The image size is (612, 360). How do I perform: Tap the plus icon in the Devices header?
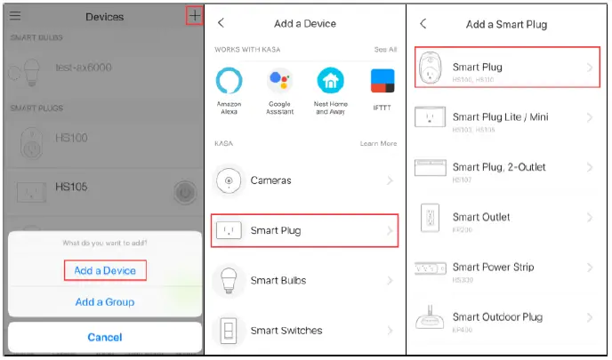click(194, 16)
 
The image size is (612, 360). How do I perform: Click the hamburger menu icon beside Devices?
click(16, 16)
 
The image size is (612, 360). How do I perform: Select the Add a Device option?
click(104, 270)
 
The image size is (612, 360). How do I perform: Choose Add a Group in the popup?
click(104, 302)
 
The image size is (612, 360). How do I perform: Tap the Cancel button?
click(104, 337)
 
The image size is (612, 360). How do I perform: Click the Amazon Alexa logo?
click(229, 82)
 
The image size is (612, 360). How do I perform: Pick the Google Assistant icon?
click(280, 82)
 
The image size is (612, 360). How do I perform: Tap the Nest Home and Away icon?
click(331, 82)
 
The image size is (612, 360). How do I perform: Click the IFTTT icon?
click(382, 82)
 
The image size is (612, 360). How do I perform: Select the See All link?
click(385, 50)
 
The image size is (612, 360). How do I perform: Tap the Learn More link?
click(378, 143)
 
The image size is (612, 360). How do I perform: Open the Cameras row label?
click(270, 180)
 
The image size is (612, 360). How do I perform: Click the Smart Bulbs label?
click(278, 281)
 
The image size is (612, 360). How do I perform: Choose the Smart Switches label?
click(286, 331)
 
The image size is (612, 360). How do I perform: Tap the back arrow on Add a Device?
click(221, 22)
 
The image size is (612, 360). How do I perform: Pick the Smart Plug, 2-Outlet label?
click(499, 167)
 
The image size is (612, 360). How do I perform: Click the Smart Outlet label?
click(481, 217)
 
